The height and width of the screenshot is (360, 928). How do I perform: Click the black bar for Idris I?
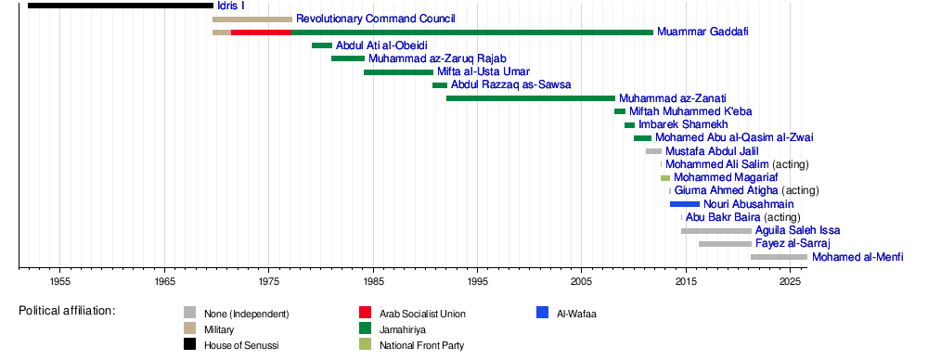click(x=120, y=6)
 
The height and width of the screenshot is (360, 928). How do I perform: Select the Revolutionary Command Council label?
click(x=376, y=19)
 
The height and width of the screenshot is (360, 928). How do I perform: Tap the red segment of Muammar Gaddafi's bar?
click(x=261, y=32)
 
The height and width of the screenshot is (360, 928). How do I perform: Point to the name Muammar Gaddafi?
click(x=702, y=32)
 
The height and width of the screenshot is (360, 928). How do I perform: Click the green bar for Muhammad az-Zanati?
click(x=531, y=98)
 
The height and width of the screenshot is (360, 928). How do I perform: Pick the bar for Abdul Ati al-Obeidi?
click(x=322, y=45)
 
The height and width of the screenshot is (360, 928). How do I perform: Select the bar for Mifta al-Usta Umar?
click(x=398, y=72)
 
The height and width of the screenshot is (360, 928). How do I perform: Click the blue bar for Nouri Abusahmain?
click(x=685, y=204)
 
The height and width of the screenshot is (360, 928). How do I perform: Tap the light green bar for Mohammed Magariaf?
click(x=665, y=177)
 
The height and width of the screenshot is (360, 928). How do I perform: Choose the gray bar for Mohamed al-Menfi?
click(x=779, y=257)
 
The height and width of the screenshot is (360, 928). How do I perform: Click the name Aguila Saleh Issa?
click(x=798, y=230)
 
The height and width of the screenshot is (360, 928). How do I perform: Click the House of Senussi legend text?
click(x=241, y=345)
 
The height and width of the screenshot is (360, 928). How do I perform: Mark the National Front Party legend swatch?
click(x=365, y=345)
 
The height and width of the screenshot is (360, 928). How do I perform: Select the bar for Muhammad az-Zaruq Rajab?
click(x=348, y=58)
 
